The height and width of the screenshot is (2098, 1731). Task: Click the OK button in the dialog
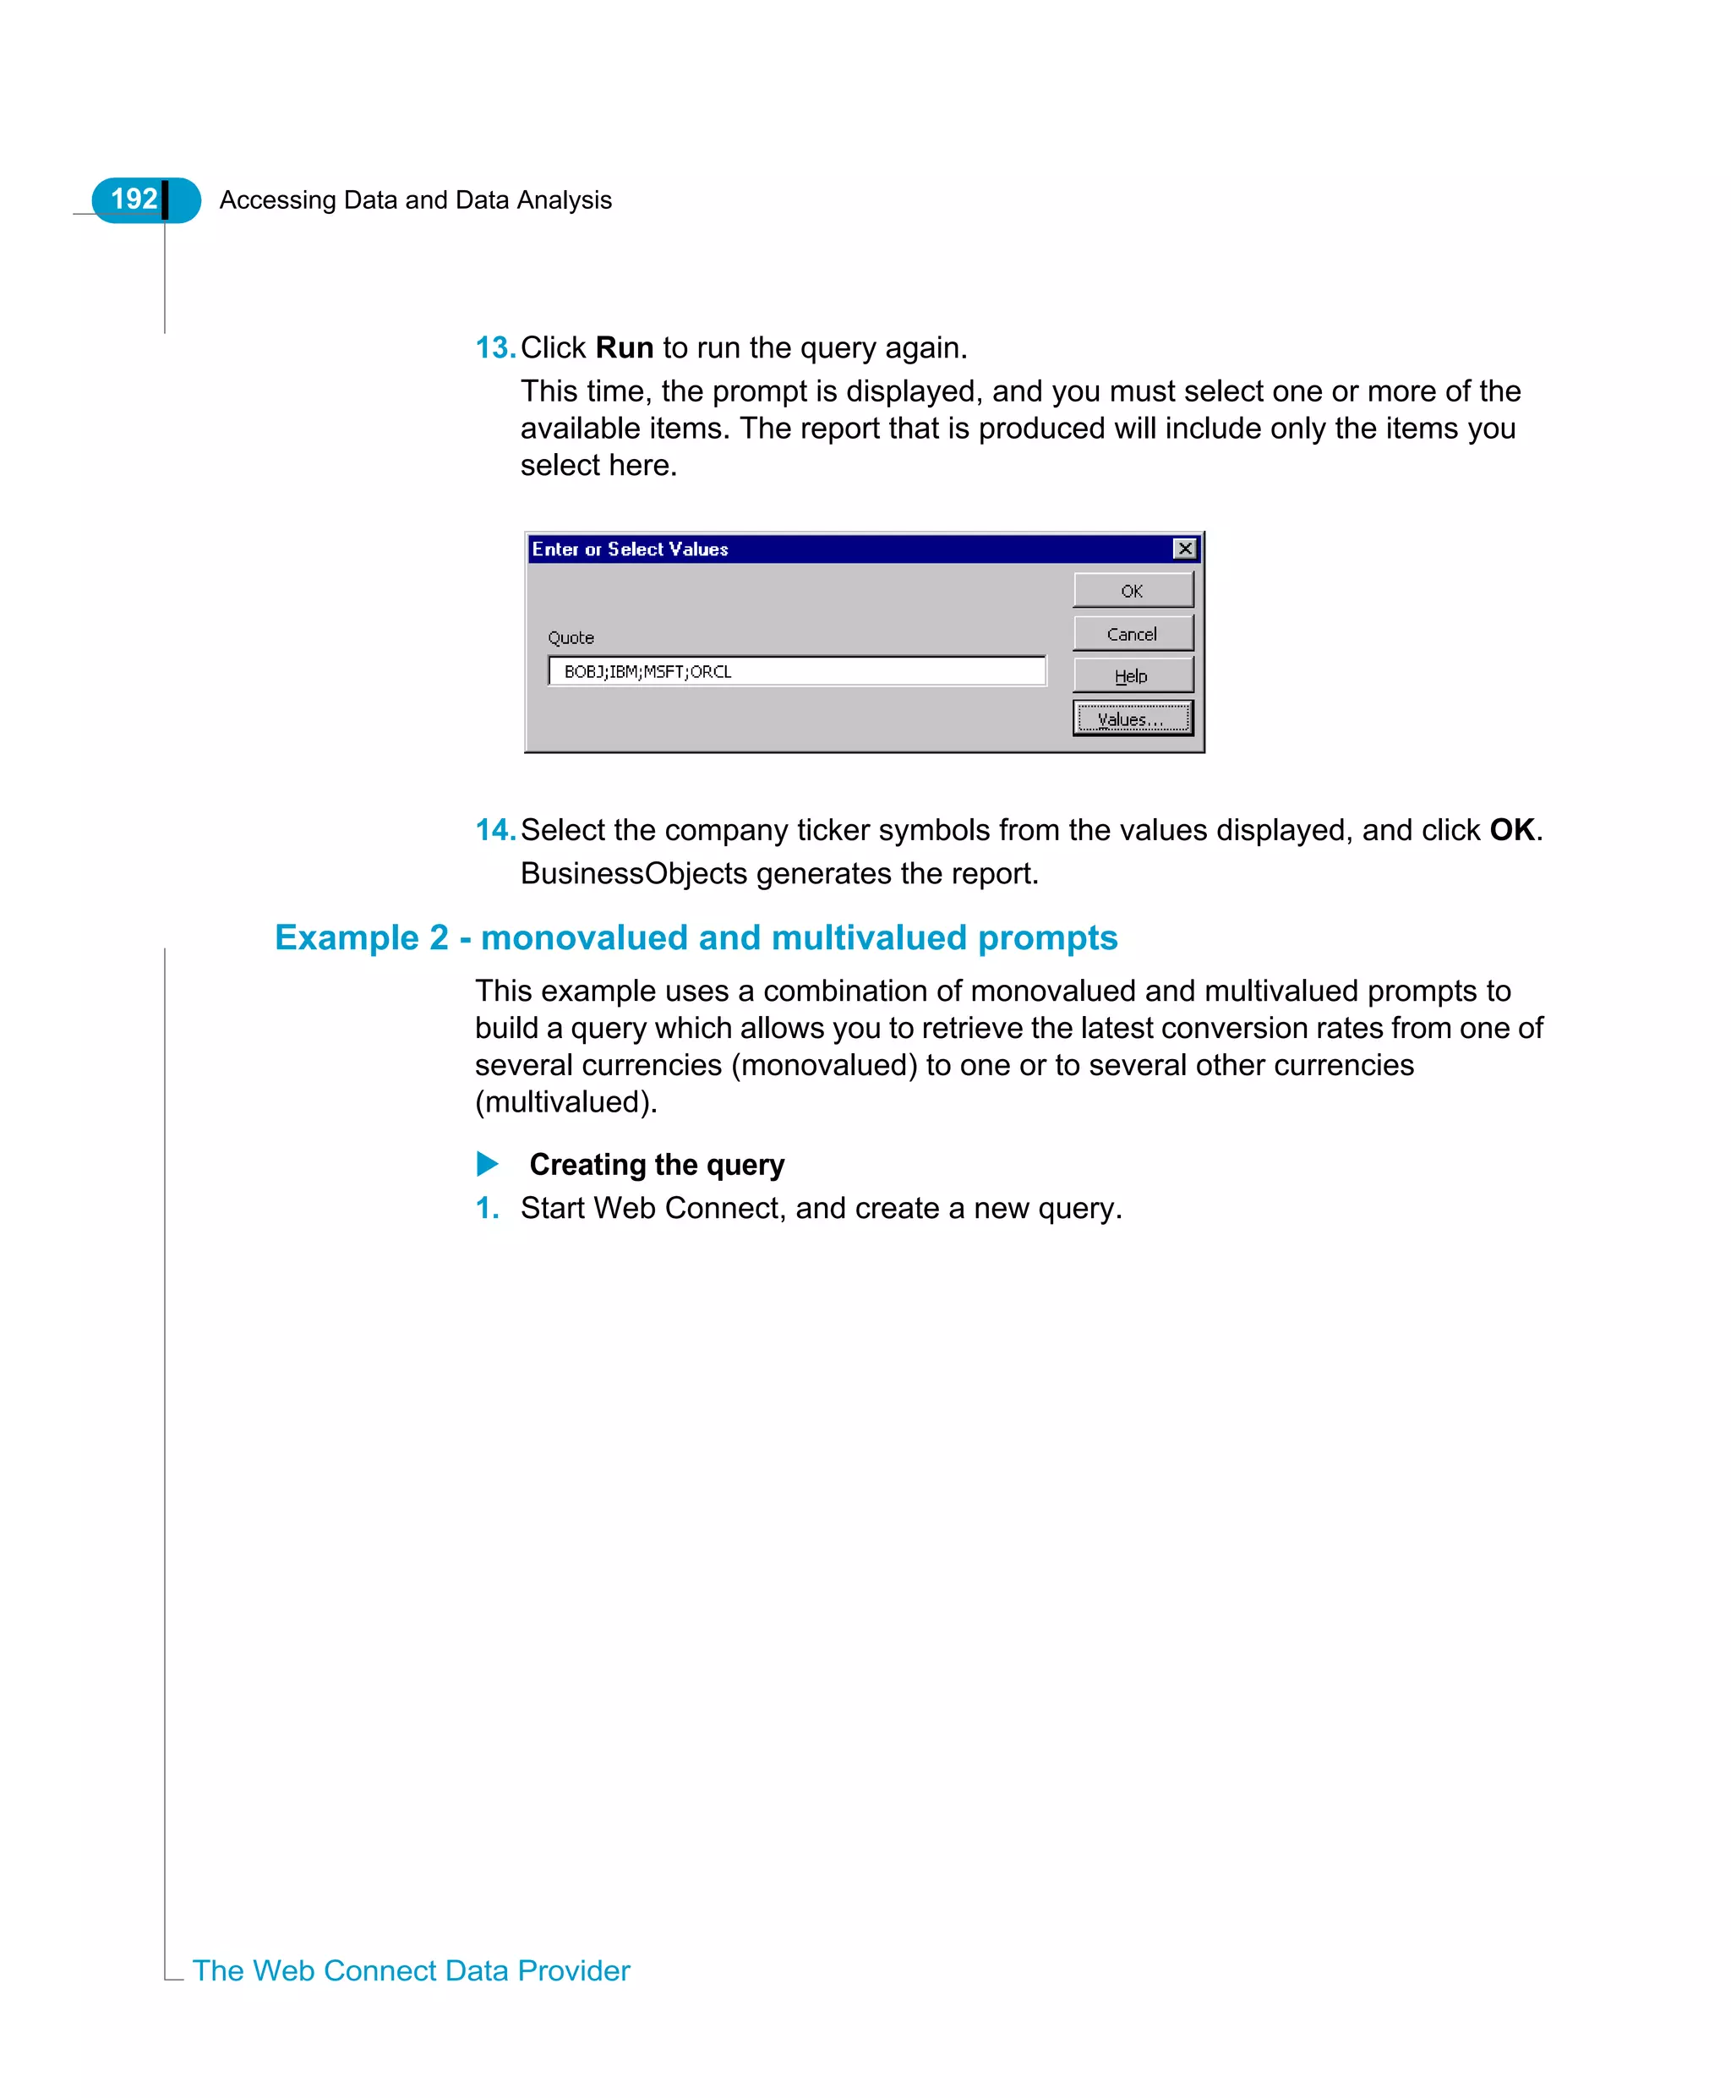point(1132,590)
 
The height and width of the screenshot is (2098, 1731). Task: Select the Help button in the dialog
point(1132,675)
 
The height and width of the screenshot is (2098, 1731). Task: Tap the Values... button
point(1132,718)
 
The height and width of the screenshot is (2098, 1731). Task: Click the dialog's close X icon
point(1185,549)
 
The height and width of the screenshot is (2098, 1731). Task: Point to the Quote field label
point(571,637)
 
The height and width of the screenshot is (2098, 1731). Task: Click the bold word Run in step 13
point(625,347)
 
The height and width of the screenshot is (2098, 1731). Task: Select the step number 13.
point(494,347)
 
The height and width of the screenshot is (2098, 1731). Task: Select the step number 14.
point(494,829)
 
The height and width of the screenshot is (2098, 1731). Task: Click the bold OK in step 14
point(1511,829)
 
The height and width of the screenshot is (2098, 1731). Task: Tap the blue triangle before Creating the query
point(487,1164)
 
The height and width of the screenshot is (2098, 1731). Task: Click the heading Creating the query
point(656,1164)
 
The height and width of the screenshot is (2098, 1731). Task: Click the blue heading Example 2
point(695,937)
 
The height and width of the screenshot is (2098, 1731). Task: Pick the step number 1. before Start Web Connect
point(487,1208)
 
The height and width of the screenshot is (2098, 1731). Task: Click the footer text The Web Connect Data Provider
point(411,1970)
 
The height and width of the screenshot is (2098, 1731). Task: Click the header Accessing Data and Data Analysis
point(415,199)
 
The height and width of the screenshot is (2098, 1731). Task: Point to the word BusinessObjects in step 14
point(633,872)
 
